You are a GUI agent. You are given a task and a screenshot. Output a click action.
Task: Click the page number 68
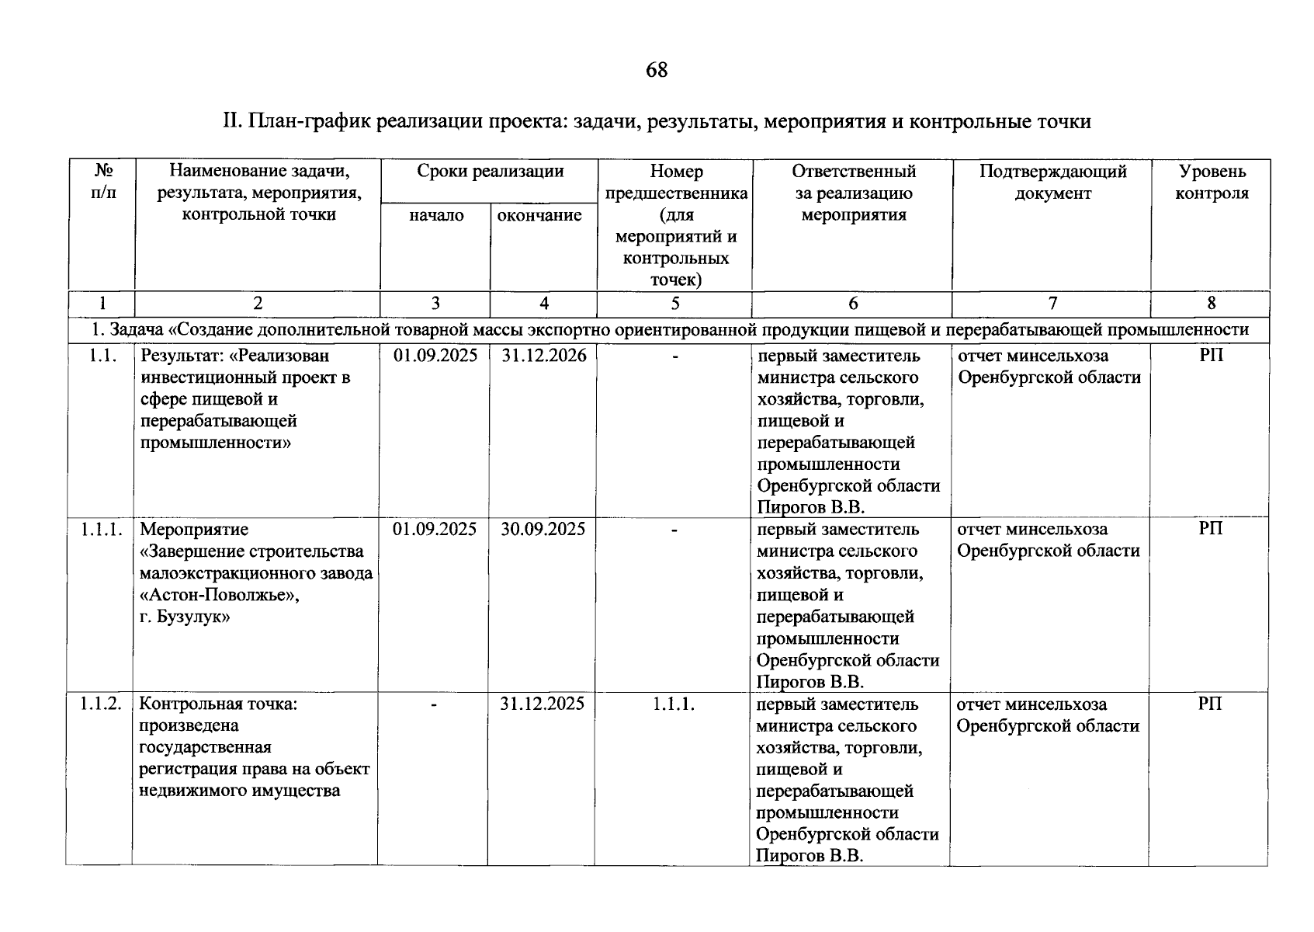coord(656,71)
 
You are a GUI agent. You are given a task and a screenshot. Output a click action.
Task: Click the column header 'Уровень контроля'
coord(1211,182)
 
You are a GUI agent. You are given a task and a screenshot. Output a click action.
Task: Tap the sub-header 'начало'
coord(436,215)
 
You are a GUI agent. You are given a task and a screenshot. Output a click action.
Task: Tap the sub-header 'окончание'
coord(539,215)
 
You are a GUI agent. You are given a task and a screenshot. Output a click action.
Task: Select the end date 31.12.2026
coord(543,356)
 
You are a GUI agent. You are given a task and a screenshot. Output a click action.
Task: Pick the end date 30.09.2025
coord(543,530)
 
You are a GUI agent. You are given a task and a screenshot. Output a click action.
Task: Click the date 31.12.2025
coord(543,704)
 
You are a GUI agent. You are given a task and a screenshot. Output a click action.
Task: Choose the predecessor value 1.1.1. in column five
coord(673,704)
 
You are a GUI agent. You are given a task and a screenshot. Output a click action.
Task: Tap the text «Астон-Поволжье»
coord(220,595)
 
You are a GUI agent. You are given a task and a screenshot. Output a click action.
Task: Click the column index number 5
coord(674,304)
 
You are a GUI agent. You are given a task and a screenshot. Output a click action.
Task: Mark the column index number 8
coord(1211,304)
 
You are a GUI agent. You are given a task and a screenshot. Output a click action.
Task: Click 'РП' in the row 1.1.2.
coord(1209,704)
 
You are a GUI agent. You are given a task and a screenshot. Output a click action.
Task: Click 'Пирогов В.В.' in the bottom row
coord(810,856)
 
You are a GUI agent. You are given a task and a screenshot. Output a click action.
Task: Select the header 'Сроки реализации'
coord(490,172)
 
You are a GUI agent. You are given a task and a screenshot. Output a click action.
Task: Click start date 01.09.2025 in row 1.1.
coord(435,356)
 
